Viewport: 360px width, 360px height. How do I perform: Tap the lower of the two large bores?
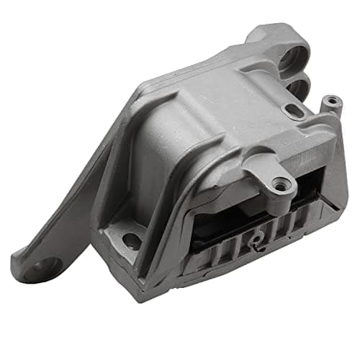pyautogui.click(x=297, y=88)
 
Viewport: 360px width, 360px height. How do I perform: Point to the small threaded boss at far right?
pyautogui.click(x=330, y=102)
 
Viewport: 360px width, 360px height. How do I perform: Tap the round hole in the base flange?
pyautogui.click(x=132, y=242)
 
